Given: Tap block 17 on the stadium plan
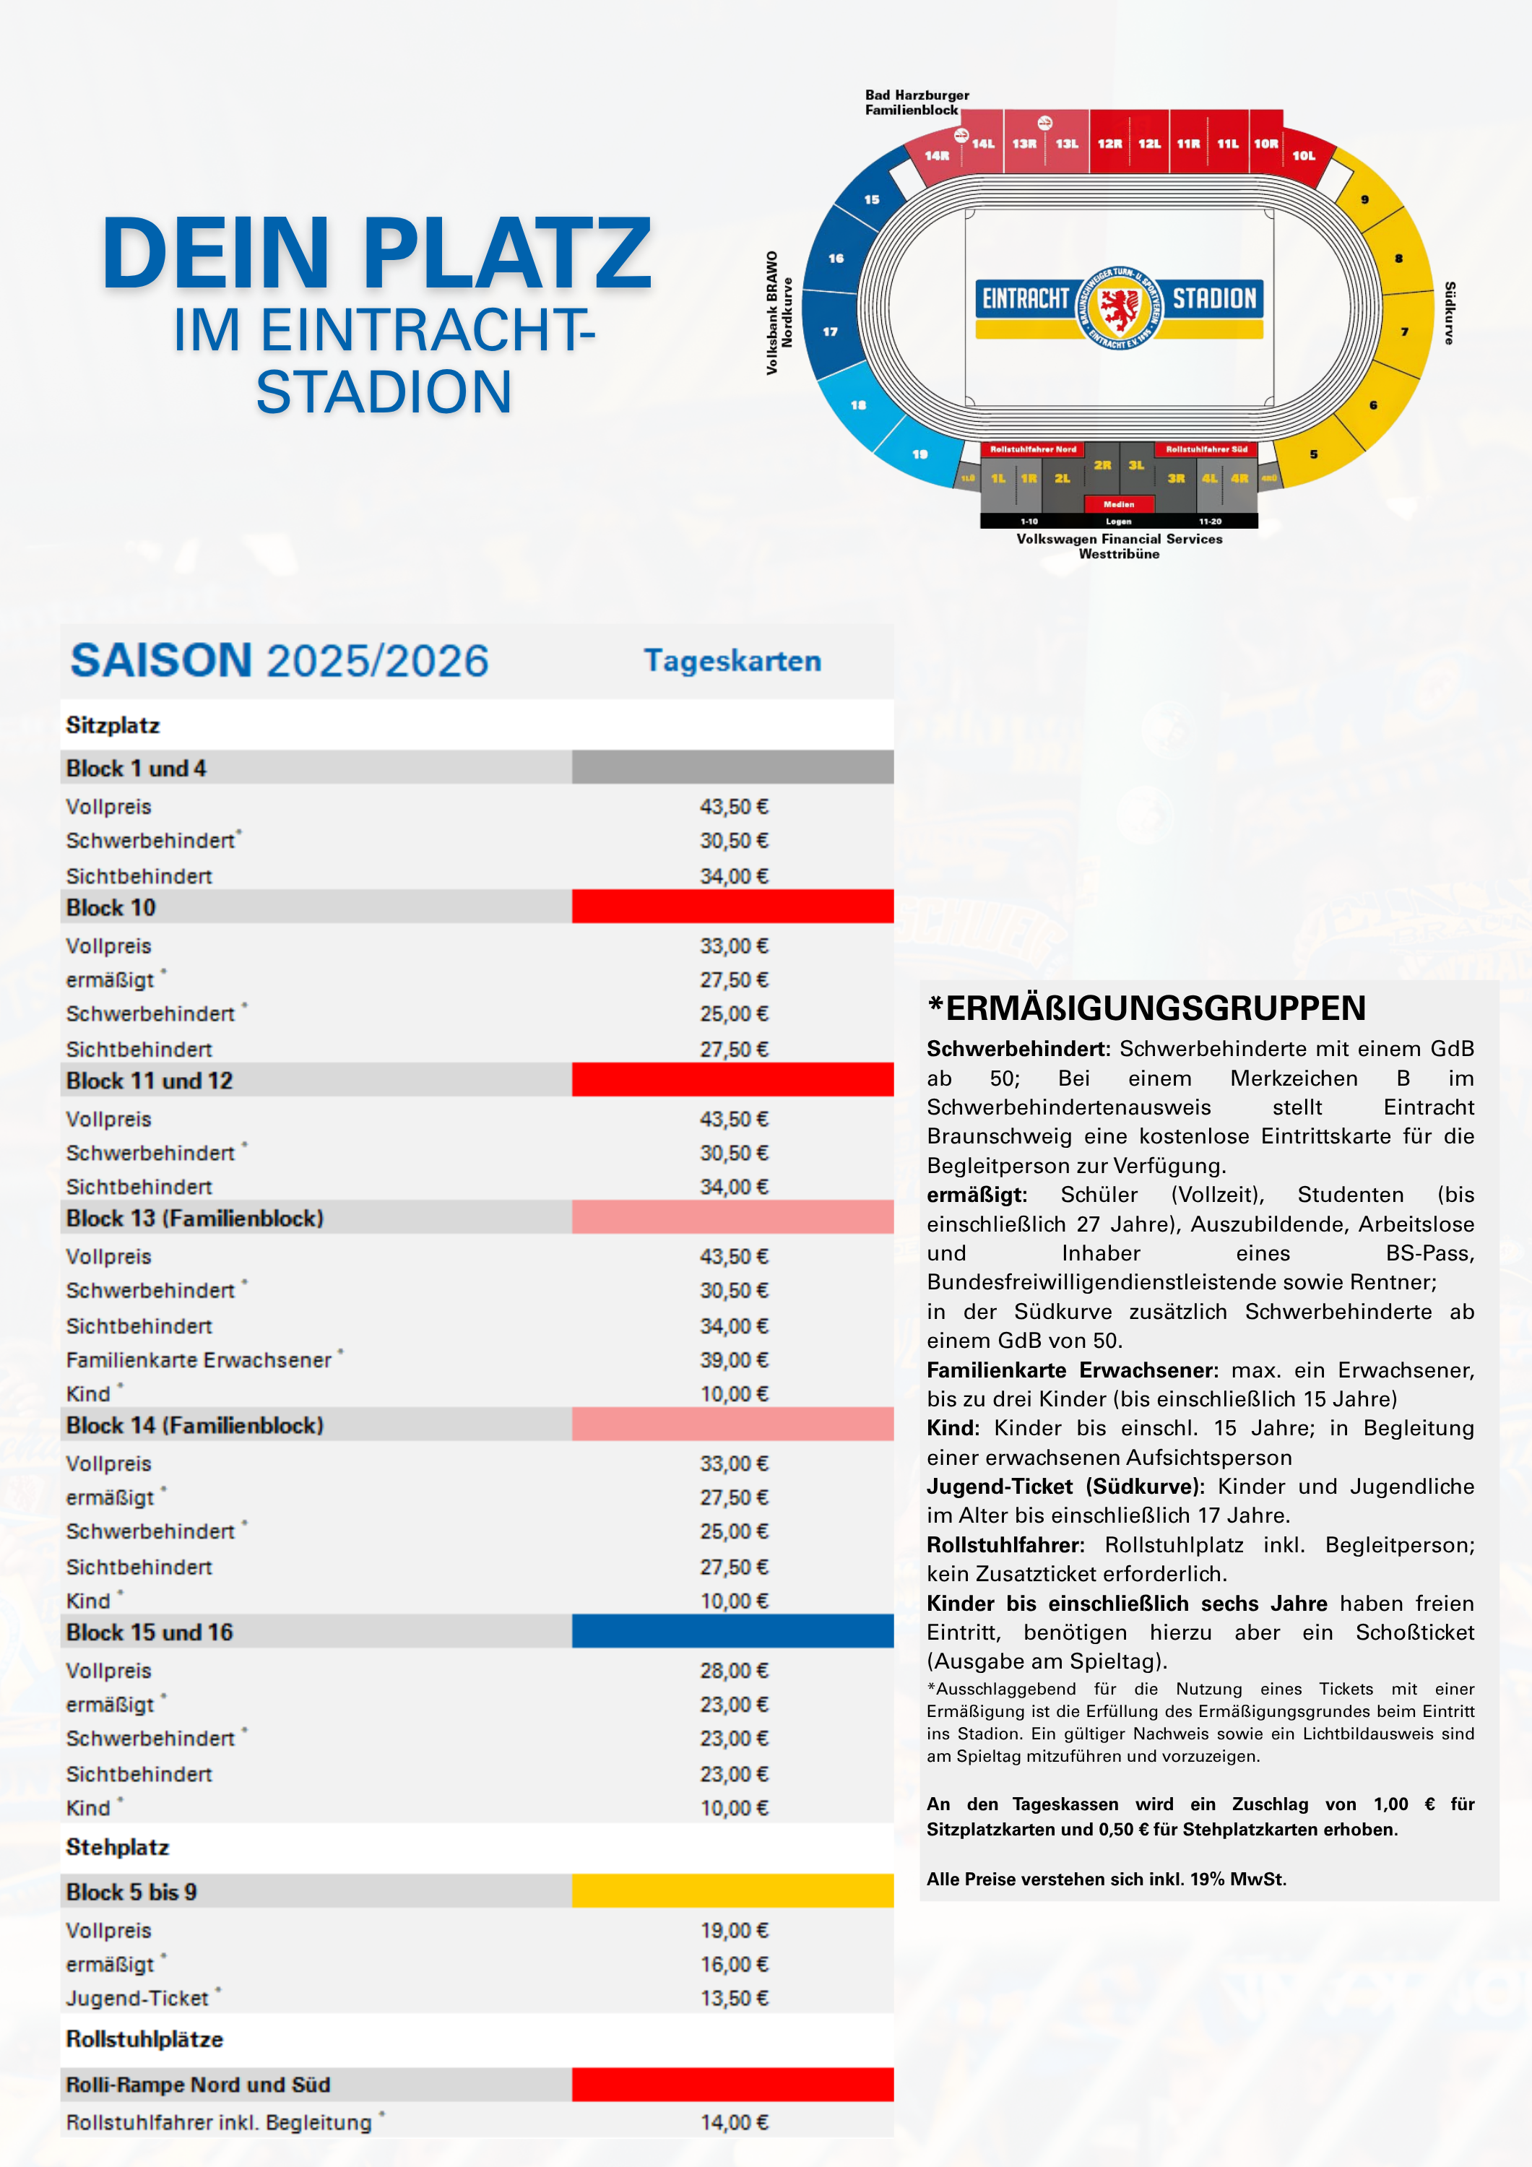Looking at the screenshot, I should (x=831, y=332).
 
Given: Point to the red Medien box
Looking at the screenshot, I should (x=1119, y=504).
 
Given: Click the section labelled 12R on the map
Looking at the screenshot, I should (x=1109, y=144).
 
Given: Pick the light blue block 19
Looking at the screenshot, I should (x=919, y=454).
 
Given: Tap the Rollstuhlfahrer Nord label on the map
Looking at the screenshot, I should (x=1033, y=449).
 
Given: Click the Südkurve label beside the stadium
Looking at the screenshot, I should (x=1450, y=312).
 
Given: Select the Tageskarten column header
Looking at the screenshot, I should (x=732, y=661).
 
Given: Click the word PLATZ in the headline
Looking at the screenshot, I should (x=507, y=253).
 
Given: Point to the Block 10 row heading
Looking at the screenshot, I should (x=111, y=907).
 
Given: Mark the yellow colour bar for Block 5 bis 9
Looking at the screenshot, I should (x=732, y=1891).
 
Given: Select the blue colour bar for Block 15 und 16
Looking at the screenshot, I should (x=732, y=1631).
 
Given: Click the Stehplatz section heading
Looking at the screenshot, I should (x=118, y=1847).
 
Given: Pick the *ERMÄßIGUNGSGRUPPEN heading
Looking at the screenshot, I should (x=1147, y=1008).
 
